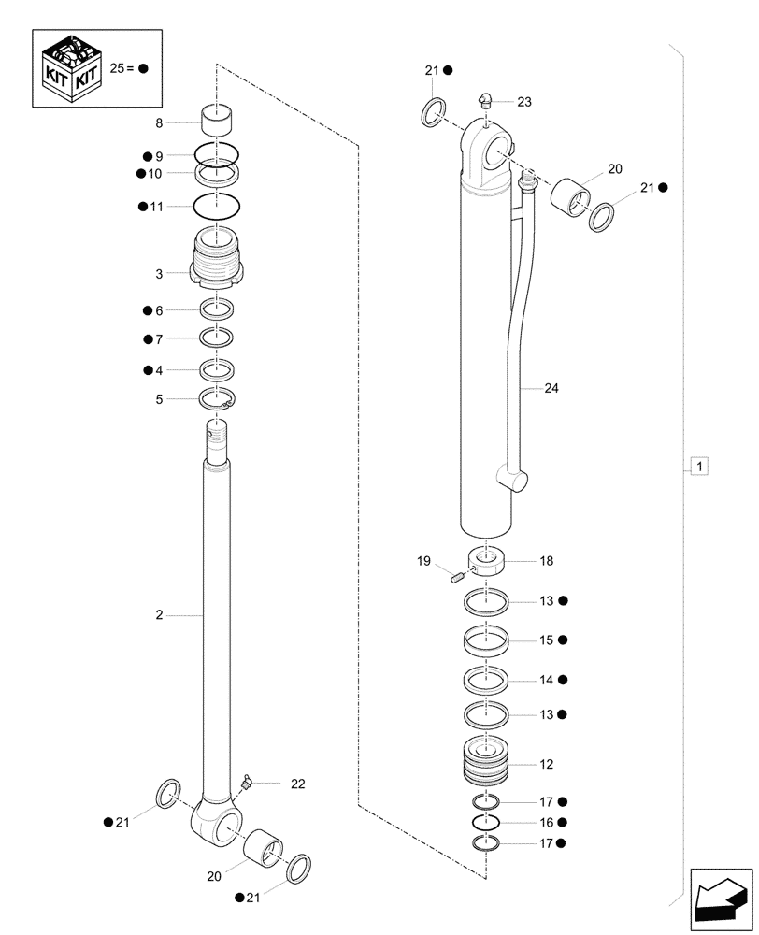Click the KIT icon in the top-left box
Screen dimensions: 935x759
pyautogui.click(x=70, y=67)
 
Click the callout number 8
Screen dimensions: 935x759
pyautogui.click(x=159, y=122)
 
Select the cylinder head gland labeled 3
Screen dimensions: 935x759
pyautogui.click(x=217, y=261)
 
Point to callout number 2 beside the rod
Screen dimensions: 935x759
pyautogui.click(x=159, y=615)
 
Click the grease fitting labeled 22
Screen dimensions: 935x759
pyautogui.click(x=246, y=780)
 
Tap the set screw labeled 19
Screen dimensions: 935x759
pyautogui.click(x=457, y=578)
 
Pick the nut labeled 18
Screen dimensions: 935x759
pyautogui.click(x=486, y=563)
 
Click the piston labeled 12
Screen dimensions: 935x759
pyautogui.click(x=486, y=763)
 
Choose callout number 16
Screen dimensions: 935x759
pyautogui.click(x=546, y=822)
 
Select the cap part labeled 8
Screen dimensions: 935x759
pyautogui.click(x=216, y=122)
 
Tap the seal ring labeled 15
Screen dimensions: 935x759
pyautogui.click(x=486, y=641)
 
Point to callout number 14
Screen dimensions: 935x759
pyautogui.click(x=546, y=680)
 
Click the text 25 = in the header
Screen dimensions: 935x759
pyautogui.click(x=123, y=69)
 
